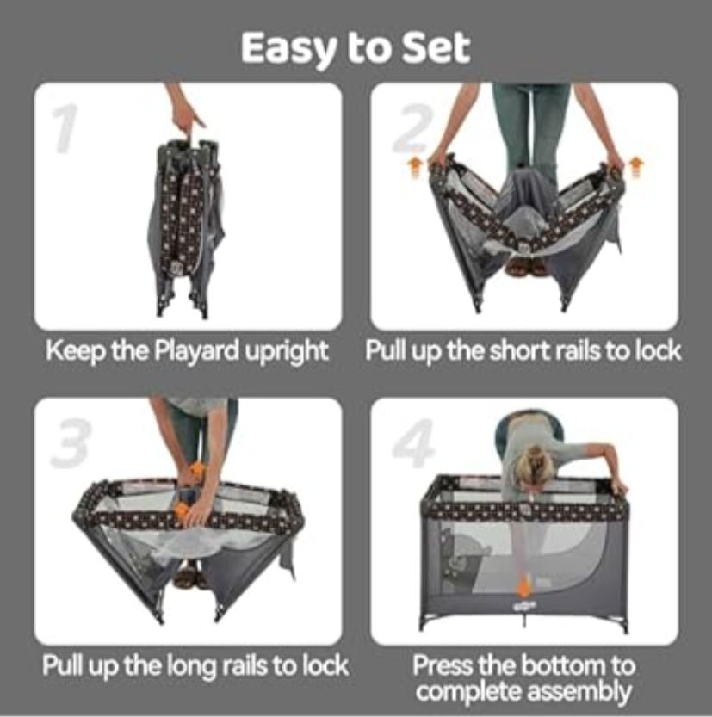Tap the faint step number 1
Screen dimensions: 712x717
coord(65,127)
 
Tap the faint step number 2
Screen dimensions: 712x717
coord(412,127)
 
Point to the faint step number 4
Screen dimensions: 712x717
coord(413,442)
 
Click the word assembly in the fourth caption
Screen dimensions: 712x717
coord(579,692)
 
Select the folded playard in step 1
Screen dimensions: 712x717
coord(185,227)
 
